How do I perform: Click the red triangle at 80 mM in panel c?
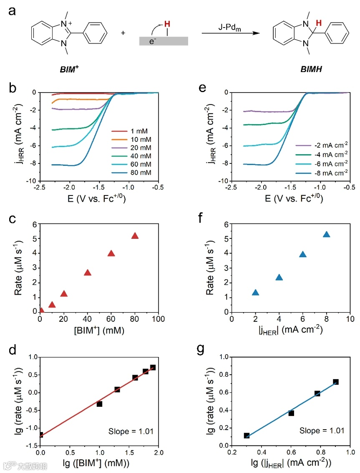pos(135,236)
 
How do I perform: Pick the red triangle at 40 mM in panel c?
pos(88,273)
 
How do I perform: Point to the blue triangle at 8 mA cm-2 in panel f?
pos(327,234)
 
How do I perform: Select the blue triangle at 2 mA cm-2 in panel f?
pos(255,293)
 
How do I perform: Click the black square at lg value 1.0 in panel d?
pos(99,404)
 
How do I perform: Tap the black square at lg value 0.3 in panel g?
pos(247,435)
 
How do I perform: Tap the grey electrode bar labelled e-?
pos(164,41)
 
